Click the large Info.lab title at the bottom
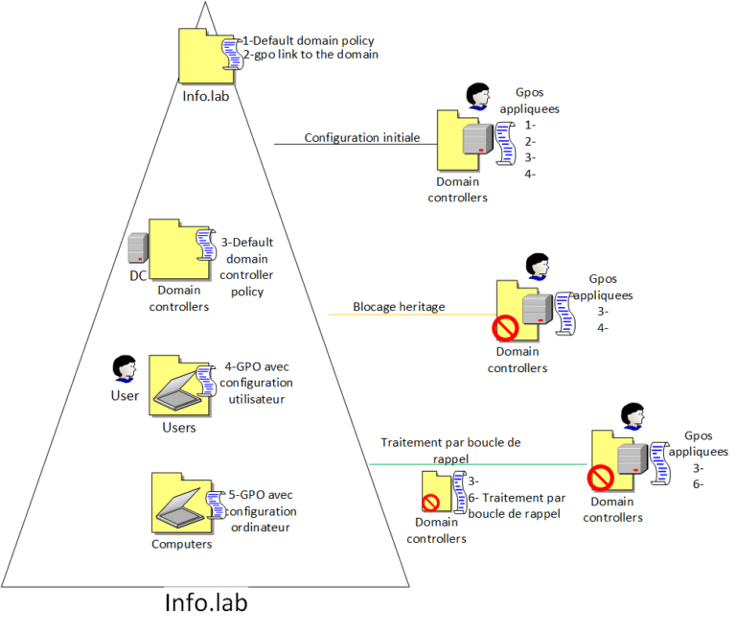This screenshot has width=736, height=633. (206, 603)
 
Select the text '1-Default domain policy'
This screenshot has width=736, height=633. (309, 41)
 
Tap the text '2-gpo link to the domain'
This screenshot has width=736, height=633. (311, 55)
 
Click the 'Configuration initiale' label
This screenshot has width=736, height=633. (361, 137)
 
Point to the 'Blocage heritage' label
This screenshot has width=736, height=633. (399, 307)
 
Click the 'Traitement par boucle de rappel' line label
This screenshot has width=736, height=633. (449, 450)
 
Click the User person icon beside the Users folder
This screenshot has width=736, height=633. (123, 368)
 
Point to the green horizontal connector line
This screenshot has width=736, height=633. (479, 464)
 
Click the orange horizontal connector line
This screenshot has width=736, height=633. (412, 315)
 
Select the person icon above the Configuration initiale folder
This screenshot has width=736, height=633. (476, 96)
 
